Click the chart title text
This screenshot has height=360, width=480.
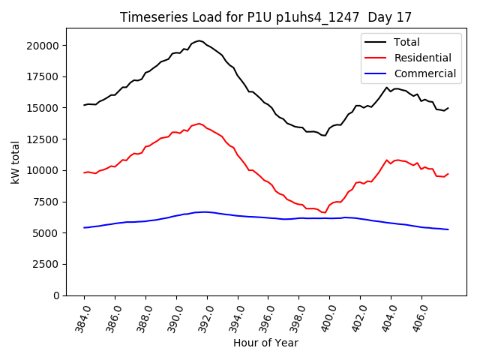[x=266, y=17]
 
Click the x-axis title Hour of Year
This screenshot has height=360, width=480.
[x=265, y=343]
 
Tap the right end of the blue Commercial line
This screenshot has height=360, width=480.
[x=448, y=229]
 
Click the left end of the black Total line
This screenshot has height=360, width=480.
[x=84, y=105]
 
